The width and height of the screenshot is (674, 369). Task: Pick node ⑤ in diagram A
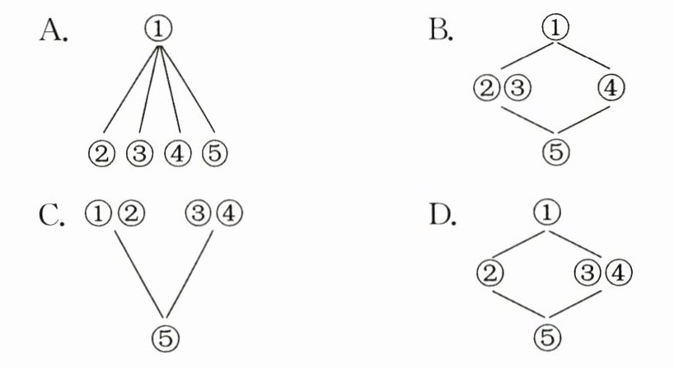pyautogui.click(x=213, y=152)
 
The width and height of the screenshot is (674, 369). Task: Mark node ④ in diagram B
pyautogui.click(x=610, y=87)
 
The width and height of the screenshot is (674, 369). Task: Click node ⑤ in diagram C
pyautogui.click(x=166, y=335)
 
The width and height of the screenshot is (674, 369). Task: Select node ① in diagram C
pyautogui.click(x=97, y=214)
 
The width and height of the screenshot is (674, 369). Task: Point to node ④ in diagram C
pyautogui.click(x=230, y=214)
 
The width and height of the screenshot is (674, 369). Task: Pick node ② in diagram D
pyautogui.click(x=490, y=272)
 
